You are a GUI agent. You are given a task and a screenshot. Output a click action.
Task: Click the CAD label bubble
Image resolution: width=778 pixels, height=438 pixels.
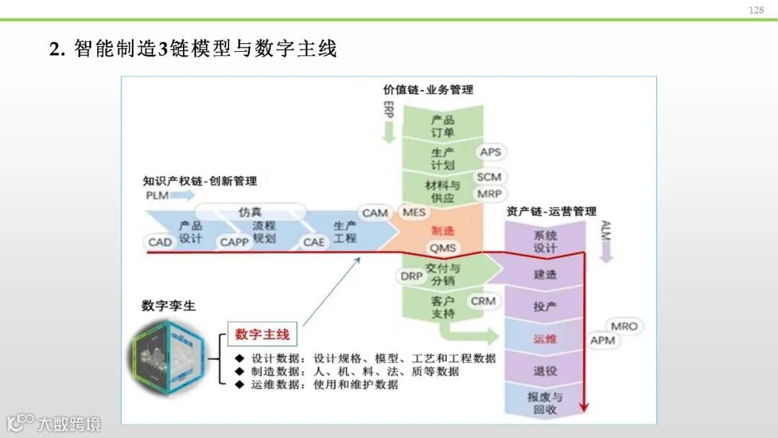[x=160, y=242]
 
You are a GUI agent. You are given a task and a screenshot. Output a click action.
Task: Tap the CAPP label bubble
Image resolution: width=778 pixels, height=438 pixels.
[x=234, y=242]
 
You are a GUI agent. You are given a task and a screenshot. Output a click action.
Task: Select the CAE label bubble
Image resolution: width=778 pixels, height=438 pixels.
[x=313, y=242]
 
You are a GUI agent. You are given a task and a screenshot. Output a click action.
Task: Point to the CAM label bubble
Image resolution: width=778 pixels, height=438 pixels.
[x=375, y=213]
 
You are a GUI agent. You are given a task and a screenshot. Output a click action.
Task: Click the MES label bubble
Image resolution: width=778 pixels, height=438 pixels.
[x=414, y=213]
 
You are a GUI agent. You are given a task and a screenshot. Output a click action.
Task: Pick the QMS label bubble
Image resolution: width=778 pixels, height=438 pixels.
[x=443, y=247]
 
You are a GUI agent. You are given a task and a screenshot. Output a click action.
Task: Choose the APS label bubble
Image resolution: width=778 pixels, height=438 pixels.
[x=490, y=152]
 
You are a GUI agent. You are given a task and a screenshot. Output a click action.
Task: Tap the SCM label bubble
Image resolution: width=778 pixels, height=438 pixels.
[x=489, y=177]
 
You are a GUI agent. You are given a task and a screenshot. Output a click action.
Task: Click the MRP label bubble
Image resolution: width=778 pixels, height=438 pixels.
[x=489, y=194]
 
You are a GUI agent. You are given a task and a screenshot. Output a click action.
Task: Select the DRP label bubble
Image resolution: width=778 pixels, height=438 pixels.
[x=412, y=276]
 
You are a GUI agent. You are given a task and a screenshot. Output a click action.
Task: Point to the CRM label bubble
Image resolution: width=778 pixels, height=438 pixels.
[x=483, y=300]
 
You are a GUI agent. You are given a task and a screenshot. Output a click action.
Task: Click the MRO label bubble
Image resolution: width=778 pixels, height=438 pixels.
[x=624, y=326]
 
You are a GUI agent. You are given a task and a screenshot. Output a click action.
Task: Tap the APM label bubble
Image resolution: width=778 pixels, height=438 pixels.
[x=603, y=339]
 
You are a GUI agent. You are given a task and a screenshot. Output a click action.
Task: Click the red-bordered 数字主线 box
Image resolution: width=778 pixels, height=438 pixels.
[x=262, y=334]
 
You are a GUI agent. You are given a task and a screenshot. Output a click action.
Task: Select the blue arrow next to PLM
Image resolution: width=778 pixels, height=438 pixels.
[x=184, y=195]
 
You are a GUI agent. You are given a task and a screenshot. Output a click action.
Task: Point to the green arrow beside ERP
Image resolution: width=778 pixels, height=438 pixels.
[x=390, y=132]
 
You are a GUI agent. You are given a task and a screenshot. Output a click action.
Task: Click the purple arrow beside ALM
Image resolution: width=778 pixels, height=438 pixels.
[x=605, y=251]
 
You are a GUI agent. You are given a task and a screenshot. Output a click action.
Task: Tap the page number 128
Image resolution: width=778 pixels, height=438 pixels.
[x=756, y=10]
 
